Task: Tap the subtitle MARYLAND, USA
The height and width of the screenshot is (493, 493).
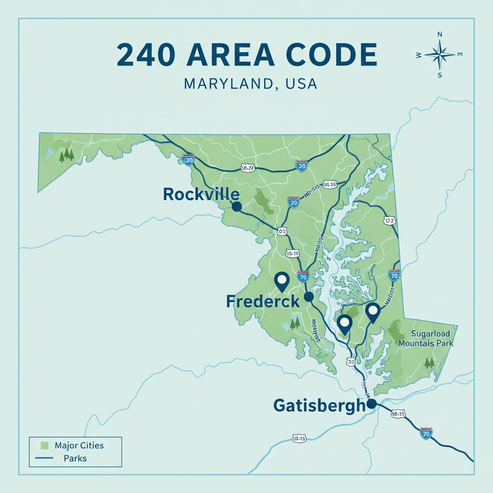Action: pos(251,84)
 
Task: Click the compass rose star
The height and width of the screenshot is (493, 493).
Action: pos(440,54)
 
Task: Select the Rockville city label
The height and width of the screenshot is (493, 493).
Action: pos(201,194)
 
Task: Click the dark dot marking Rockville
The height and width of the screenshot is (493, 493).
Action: pos(236,207)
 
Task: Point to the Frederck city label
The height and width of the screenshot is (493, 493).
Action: pos(263,302)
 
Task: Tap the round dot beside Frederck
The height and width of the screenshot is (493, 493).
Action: pos(309,297)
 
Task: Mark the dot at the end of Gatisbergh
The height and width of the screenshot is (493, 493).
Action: pos(371,403)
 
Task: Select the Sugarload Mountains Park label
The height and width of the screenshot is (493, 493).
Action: pos(426,338)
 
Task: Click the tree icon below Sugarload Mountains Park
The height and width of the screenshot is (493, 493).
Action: pos(428,362)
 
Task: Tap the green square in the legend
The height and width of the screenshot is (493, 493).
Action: pos(45,445)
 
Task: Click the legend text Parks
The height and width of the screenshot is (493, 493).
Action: pos(75,458)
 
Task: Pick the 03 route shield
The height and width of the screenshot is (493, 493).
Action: pos(283,232)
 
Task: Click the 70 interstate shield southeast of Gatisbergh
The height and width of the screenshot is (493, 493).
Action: pos(426,433)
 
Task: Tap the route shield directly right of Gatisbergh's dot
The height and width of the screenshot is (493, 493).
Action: pos(398,413)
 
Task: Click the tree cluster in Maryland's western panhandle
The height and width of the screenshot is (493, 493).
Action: pos(66,155)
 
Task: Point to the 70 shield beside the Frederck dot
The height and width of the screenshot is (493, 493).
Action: pos(303,277)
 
